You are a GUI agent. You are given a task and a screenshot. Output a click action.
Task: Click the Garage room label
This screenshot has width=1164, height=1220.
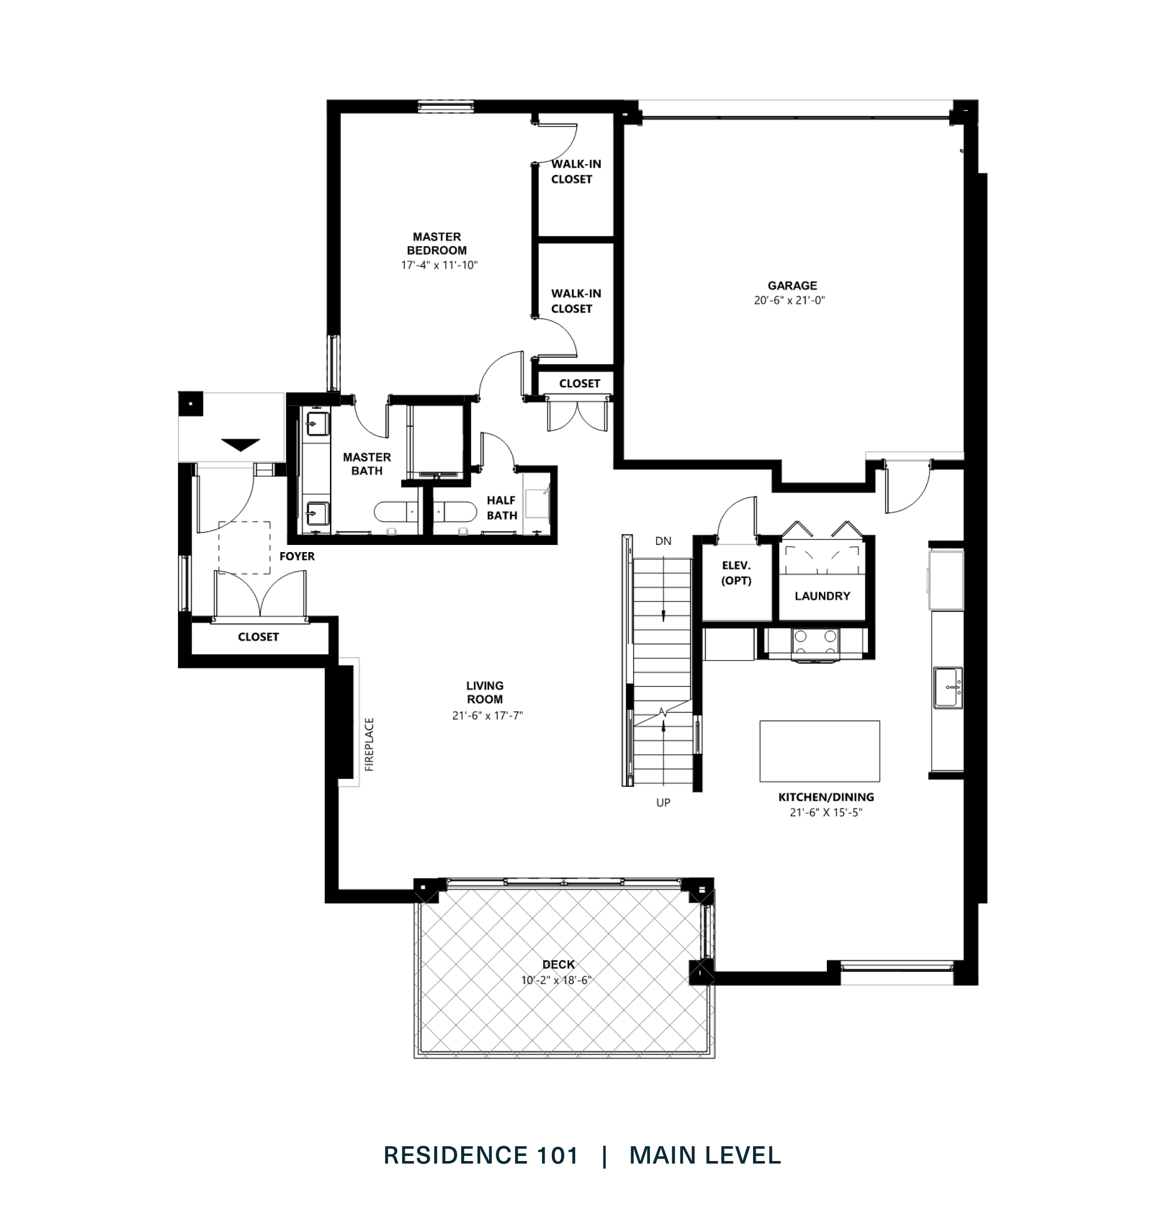(792, 285)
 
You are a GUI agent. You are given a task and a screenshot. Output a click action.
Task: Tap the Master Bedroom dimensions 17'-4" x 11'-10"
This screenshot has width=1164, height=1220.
(439, 265)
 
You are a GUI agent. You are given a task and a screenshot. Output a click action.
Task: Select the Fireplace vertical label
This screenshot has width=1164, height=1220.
(369, 744)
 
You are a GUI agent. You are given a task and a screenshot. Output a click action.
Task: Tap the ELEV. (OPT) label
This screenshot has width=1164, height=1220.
(736, 573)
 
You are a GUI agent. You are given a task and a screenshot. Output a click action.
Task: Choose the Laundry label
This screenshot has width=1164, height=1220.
(822, 596)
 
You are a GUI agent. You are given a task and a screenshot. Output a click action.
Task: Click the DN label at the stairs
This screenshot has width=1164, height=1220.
(663, 541)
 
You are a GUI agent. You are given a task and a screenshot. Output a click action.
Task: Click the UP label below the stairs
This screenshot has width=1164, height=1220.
(663, 803)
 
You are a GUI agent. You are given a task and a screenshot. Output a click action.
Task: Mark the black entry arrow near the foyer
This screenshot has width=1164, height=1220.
(240, 445)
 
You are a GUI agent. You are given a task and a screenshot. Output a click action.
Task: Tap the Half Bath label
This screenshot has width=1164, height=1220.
(501, 507)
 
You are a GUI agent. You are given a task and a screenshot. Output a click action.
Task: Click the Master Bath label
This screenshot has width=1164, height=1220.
(367, 464)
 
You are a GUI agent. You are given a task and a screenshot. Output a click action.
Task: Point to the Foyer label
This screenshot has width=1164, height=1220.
(296, 556)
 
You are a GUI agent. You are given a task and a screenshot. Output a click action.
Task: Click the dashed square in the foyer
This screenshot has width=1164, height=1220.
(244, 547)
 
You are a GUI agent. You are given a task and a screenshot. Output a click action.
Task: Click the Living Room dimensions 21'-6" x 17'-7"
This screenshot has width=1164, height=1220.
(487, 715)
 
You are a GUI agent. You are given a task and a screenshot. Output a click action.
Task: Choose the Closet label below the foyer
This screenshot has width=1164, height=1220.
(258, 637)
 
